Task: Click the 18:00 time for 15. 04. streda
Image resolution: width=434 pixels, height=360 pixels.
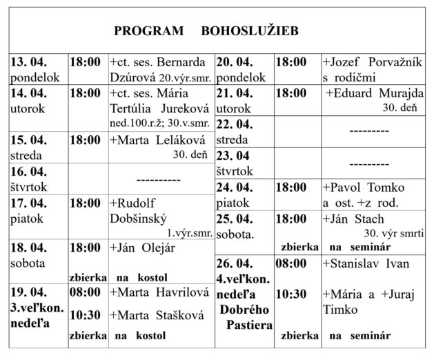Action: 86,139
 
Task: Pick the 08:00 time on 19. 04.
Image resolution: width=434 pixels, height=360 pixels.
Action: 86,292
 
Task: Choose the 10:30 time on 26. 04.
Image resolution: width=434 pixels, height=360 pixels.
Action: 292,294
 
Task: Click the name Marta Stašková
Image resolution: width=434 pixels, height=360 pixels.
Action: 151,316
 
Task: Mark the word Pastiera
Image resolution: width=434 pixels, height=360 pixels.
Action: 245,324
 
